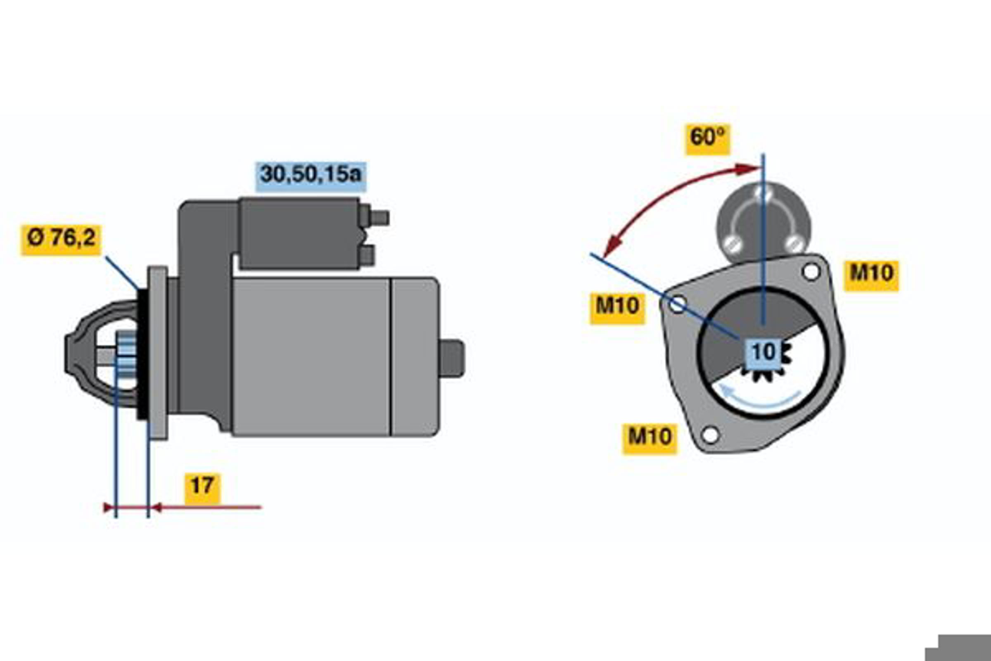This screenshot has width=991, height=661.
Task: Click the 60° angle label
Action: (x=708, y=140)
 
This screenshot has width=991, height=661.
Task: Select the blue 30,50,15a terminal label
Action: (x=311, y=176)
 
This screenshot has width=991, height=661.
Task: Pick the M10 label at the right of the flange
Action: (x=871, y=276)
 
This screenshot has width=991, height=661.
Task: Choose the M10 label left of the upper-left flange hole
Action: (x=617, y=309)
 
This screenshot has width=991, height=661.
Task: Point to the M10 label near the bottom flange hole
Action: (x=650, y=439)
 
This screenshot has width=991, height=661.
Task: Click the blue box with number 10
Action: (x=763, y=352)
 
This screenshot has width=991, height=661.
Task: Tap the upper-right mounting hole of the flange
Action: (x=811, y=272)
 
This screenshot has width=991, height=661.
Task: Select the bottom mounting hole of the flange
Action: (x=711, y=435)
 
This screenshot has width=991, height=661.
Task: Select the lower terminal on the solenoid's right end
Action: (x=367, y=255)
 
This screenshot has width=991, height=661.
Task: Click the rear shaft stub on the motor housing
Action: (x=452, y=358)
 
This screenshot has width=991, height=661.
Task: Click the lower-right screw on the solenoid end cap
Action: (x=795, y=243)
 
